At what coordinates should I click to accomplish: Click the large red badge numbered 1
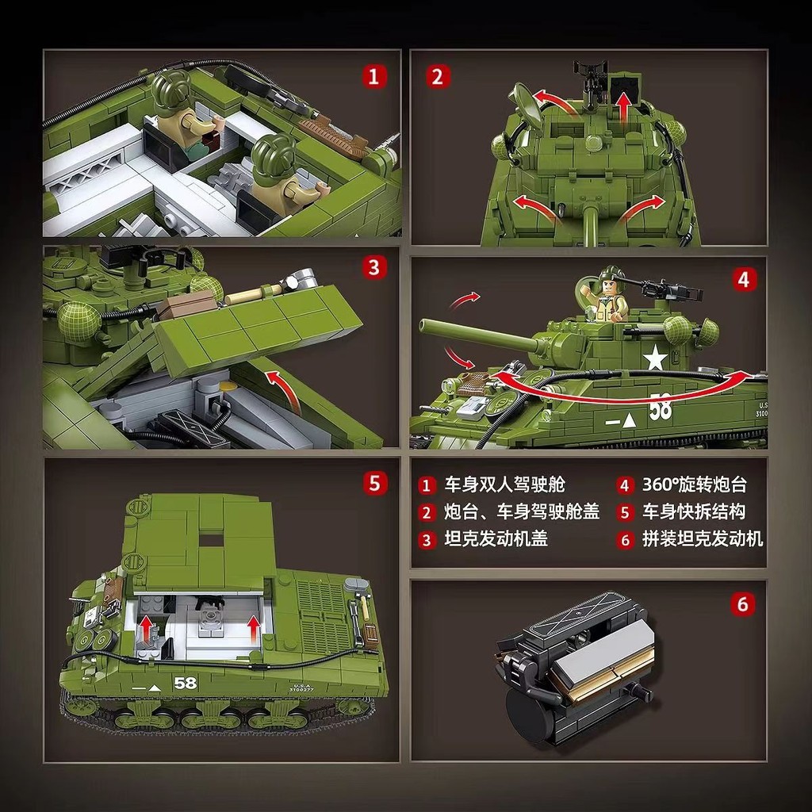375,76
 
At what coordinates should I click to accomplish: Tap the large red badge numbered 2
437,76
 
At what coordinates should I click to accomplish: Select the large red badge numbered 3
375,266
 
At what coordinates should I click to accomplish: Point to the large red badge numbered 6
742,604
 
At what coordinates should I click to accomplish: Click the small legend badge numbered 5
626,512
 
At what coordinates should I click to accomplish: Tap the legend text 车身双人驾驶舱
504,485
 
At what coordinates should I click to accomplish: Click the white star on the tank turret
655,358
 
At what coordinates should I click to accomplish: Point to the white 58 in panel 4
660,408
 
